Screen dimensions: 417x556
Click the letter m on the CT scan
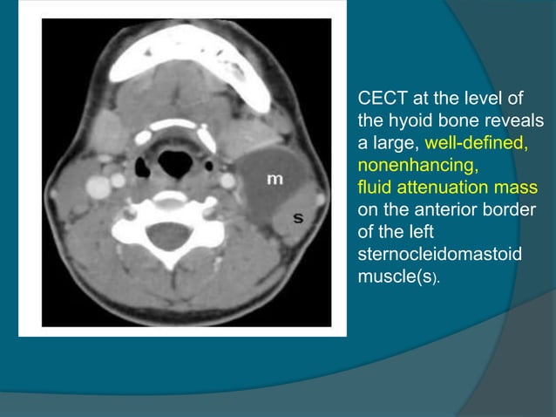tap(274, 179)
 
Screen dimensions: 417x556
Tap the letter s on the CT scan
tap(298, 217)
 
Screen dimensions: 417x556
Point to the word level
tap(490, 97)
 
